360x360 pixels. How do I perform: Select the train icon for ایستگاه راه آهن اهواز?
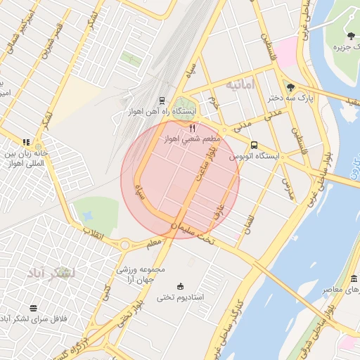click(162, 101)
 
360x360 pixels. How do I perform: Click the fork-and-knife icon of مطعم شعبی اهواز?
click(192, 128)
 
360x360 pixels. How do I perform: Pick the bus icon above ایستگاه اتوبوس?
click(254, 145)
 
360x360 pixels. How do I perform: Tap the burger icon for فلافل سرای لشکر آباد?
click(33, 308)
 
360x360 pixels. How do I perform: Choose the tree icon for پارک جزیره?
click(350, 35)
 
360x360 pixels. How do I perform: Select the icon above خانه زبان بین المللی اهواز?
click(27, 142)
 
